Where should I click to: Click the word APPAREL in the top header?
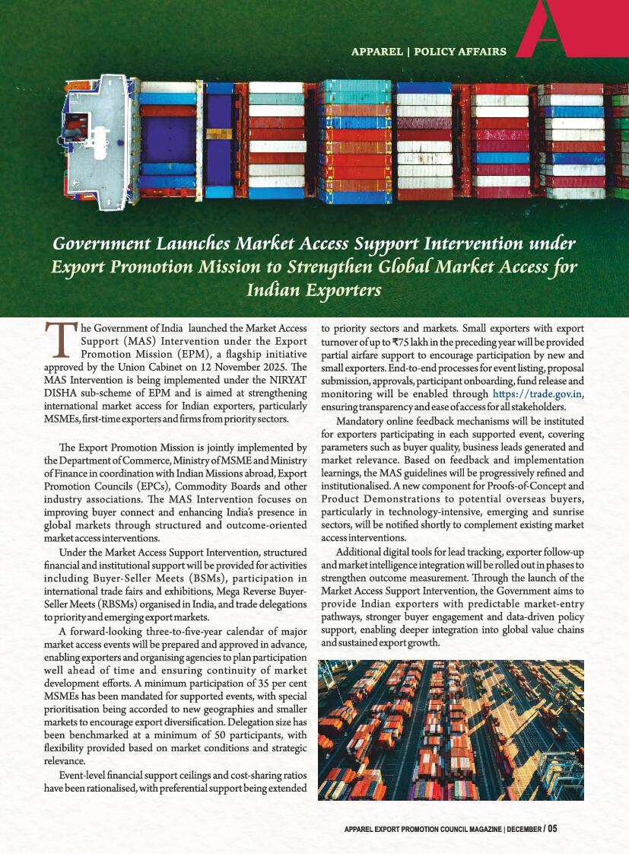tap(376, 52)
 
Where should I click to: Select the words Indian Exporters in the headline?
tap(313, 290)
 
